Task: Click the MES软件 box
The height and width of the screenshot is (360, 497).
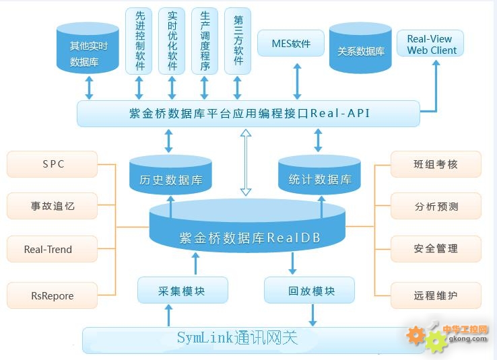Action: tap(291, 43)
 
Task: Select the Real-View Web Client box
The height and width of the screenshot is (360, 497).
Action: tap(430, 43)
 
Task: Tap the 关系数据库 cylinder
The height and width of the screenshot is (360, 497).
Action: tap(360, 48)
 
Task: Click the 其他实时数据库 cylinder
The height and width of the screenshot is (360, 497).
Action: tap(88, 48)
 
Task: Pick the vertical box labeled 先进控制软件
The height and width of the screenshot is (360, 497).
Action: tap(139, 41)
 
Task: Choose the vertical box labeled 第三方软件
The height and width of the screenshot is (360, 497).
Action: tap(238, 41)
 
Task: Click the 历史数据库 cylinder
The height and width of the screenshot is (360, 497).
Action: tap(170, 174)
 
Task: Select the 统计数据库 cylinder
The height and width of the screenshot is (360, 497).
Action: tap(319, 174)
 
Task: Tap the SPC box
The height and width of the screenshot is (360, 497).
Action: tap(53, 164)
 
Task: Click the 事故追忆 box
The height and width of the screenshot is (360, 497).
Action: tap(53, 206)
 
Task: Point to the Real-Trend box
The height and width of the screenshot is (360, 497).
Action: tap(53, 249)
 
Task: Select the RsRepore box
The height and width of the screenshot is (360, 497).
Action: tap(53, 295)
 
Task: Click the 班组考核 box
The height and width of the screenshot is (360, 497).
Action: tap(436, 164)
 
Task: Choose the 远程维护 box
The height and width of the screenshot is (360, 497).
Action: tap(436, 295)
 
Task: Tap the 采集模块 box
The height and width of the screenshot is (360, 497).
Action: tap(183, 290)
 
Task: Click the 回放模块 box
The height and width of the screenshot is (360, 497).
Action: tap(309, 290)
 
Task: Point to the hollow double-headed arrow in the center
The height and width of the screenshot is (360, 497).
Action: tap(246, 162)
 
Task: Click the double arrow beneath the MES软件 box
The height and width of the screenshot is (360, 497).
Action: tap(297, 81)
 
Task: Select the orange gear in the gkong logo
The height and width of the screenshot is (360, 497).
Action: tap(416, 336)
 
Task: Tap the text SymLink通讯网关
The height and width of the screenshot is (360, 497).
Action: tap(238, 338)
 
